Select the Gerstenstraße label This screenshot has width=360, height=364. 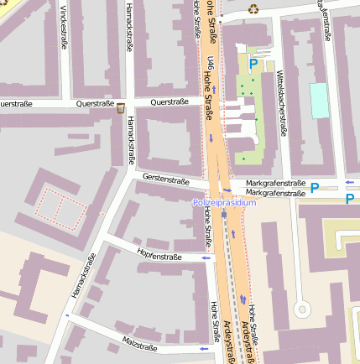(166, 179)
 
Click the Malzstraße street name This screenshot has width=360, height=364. (140, 346)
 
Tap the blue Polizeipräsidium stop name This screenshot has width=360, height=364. (224, 203)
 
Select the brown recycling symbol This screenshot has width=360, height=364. (253, 9)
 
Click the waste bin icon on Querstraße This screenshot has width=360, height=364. (121, 107)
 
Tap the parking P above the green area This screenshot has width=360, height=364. (253, 63)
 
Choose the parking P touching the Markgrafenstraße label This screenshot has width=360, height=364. (316, 188)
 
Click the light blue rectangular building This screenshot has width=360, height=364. (320, 100)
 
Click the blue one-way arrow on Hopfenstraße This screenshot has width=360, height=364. (206, 259)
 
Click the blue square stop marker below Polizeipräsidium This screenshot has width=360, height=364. (224, 215)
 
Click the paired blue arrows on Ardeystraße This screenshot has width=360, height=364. (243, 299)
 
